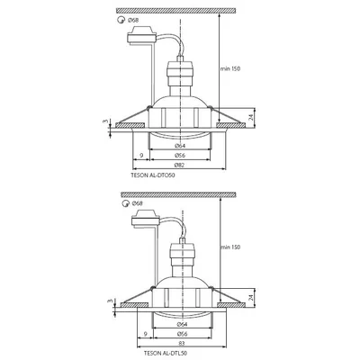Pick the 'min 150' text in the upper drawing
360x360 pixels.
(233, 68)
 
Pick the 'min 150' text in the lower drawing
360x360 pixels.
(233, 245)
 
